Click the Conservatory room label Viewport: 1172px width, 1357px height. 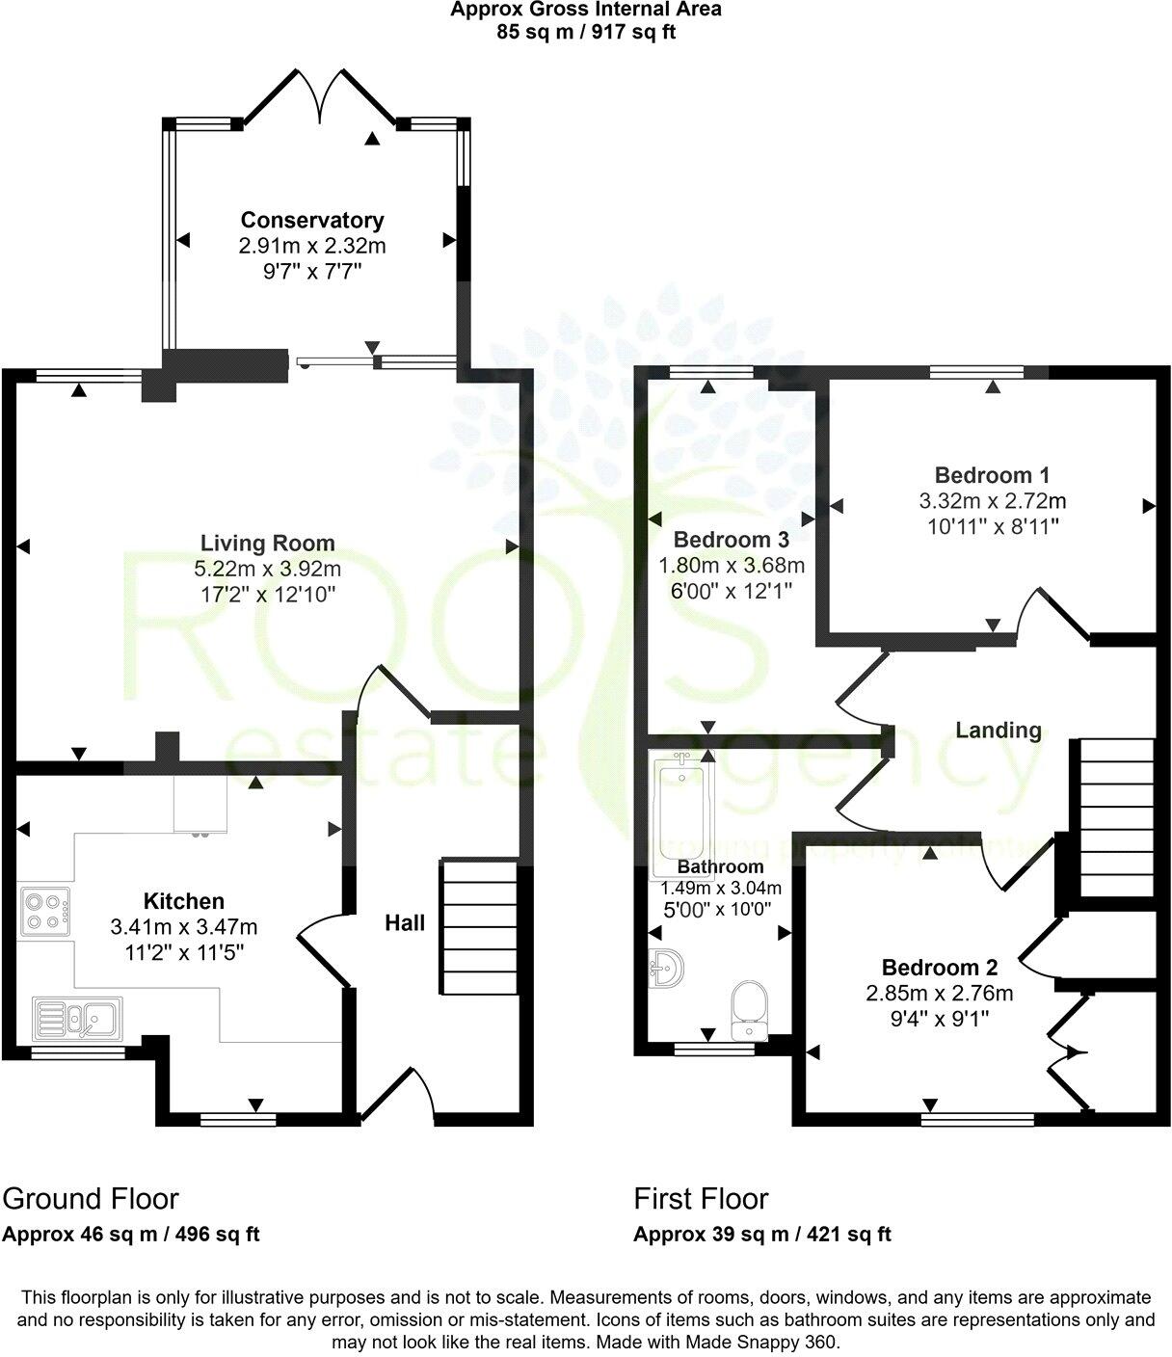click(x=312, y=221)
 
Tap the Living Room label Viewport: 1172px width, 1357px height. click(x=268, y=543)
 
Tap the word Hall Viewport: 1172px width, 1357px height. click(x=405, y=923)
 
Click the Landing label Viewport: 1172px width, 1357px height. click(x=999, y=731)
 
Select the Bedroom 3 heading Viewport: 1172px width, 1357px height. click(x=732, y=539)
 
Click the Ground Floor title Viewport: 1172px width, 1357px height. click(x=91, y=1199)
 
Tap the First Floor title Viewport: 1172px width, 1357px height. click(x=701, y=1199)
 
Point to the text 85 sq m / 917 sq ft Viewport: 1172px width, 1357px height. click(x=586, y=30)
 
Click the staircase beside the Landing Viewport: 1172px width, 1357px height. click(x=1116, y=818)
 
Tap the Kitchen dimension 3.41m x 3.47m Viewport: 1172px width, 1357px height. click(x=184, y=927)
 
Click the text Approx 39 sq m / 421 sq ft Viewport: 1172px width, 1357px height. click(x=762, y=1235)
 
